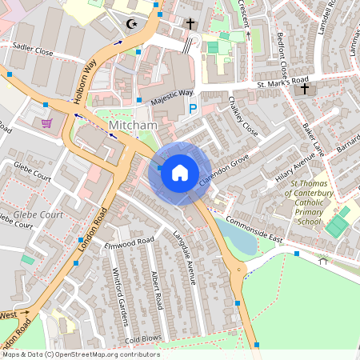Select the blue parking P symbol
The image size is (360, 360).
pos(192,108)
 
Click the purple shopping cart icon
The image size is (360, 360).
pos(47,123)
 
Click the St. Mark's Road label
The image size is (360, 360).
pos(282,82)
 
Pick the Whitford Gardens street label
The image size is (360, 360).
pos(119,296)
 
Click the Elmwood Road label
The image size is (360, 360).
pos(128,241)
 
